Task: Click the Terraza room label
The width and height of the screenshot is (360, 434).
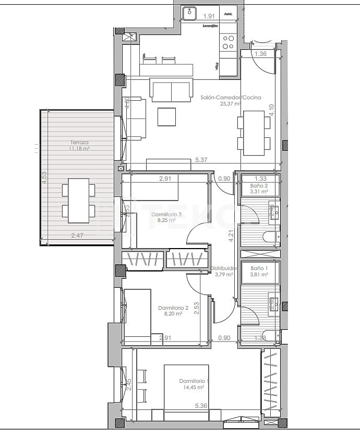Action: click(80, 142)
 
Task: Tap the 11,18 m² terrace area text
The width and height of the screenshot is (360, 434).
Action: click(80, 148)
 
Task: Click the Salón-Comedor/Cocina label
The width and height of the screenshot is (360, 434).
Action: click(223, 97)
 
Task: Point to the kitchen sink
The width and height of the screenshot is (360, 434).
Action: click(189, 13)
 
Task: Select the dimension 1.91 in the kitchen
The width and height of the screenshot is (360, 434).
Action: click(209, 16)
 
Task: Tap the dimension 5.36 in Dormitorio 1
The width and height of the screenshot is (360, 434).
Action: click(201, 405)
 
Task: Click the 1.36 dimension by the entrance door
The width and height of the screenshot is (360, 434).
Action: click(261, 54)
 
